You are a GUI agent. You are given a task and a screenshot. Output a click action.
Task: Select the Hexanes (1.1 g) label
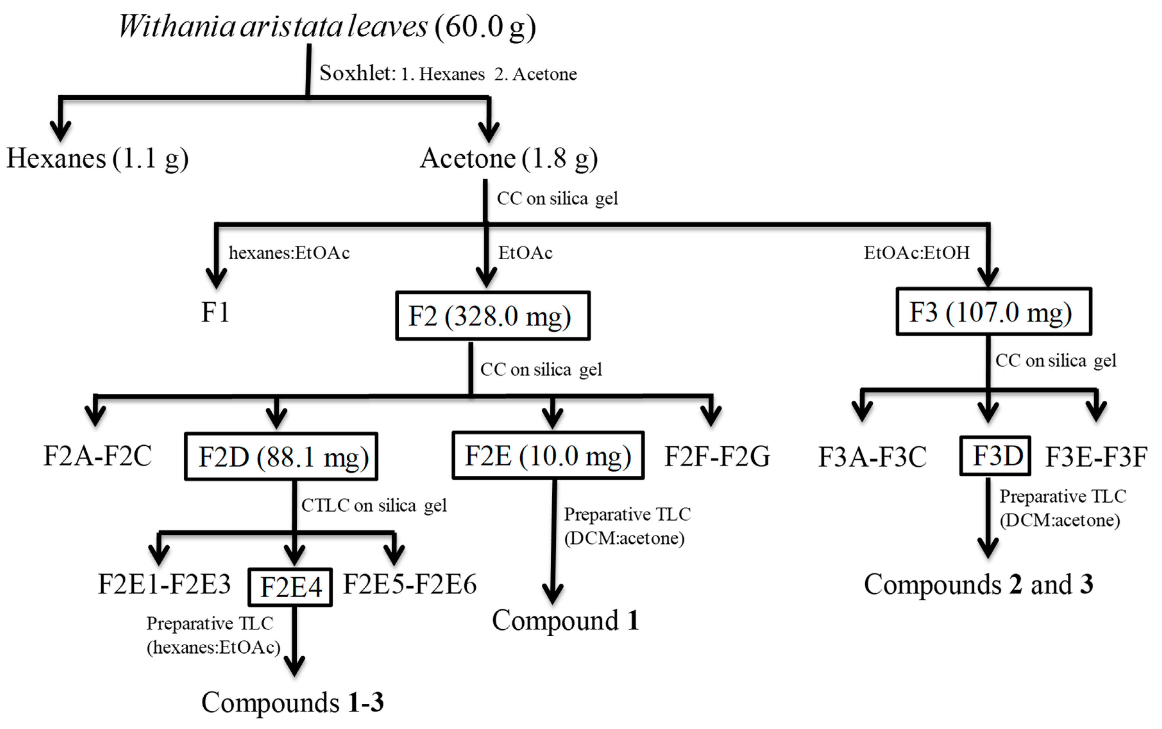click(x=98, y=158)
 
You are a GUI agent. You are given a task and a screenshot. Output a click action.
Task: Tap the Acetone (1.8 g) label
click(x=509, y=158)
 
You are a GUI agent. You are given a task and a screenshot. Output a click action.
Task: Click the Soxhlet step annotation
click(x=448, y=74)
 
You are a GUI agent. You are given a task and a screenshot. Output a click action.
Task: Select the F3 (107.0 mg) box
click(x=993, y=312)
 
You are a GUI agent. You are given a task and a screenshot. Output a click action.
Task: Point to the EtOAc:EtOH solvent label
click(x=916, y=253)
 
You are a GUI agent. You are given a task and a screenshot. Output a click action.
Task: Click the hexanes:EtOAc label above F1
click(x=289, y=253)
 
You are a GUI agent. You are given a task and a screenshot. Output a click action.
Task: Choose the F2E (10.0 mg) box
click(x=547, y=456)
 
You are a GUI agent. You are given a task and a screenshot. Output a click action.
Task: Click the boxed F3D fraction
click(x=995, y=456)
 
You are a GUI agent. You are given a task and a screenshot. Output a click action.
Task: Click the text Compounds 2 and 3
click(x=978, y=584)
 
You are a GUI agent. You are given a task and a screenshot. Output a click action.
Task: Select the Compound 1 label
click(x=565, y=620)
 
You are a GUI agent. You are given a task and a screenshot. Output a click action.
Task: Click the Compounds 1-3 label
click(x=292, y=702)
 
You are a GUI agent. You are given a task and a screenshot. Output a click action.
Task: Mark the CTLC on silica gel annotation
click(x=374, y=505)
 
